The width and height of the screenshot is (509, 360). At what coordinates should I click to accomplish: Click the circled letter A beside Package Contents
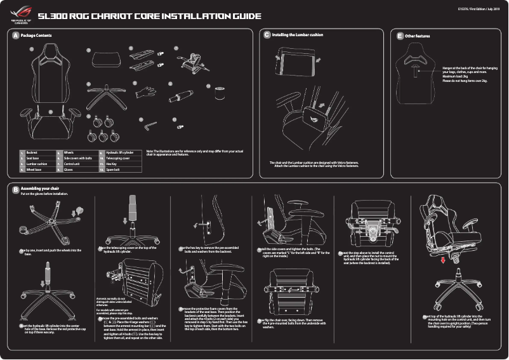[16, 35]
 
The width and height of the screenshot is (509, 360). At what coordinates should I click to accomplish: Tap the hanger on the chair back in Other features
[416, 71]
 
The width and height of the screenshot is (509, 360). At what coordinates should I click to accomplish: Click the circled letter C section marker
[267, 35]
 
